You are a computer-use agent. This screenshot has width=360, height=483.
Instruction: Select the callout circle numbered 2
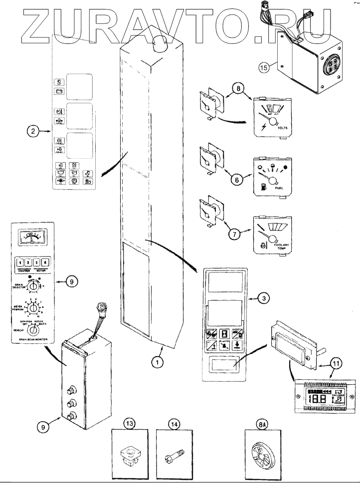pyautogui.click(x=32, y=132)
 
